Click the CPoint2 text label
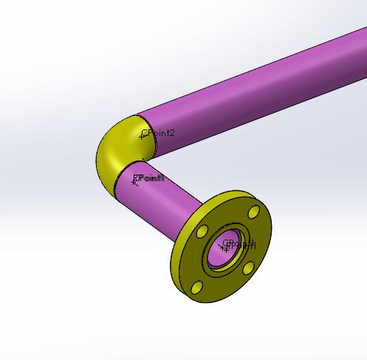click(x=158, y=132)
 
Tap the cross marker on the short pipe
click(x=134, y=181)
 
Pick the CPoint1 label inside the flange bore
click(x=241, y=245)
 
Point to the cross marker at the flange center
click(x=225, y=247)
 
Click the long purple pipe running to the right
click(x=258, y=89)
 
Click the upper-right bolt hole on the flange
click(x=254, y=213)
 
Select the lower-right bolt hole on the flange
click(x=249, y=268)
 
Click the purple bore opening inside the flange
click(x=222, y=251)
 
